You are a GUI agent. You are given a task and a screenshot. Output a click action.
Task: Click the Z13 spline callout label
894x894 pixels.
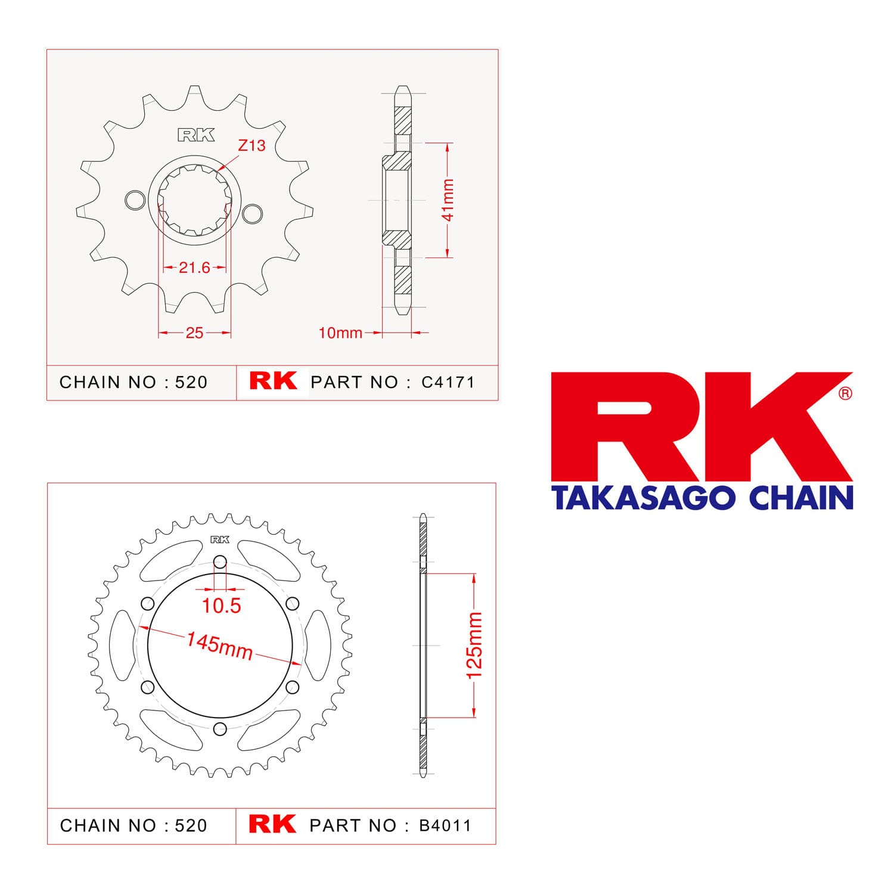pyautogui.click(x=252, y=145)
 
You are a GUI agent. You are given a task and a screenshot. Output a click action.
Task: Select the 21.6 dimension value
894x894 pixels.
pyautogui.click(x=194, y=268)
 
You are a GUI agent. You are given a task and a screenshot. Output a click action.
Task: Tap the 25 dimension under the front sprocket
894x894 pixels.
pyautogui.click(x=194, y=333)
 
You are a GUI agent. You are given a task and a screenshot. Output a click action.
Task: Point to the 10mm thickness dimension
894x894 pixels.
pyautogui.click(x=340, y=333)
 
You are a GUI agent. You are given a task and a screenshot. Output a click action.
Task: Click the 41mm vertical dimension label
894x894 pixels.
pyautogui.click(x=448, y=200)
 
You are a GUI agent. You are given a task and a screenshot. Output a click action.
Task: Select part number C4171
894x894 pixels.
pyautogui.click(x=448, y=382)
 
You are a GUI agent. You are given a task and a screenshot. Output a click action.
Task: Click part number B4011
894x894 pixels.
pyautogui.click(x=445, y=825)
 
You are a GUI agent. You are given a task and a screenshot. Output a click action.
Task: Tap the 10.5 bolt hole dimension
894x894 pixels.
pyautogui.click(x=221, y=606)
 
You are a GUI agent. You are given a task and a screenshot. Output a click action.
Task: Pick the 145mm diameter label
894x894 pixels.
pyautogui.click(x=219, y=646)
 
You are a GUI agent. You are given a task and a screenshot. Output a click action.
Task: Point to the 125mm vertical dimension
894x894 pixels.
pyautogui.click(x=474, y=645)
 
